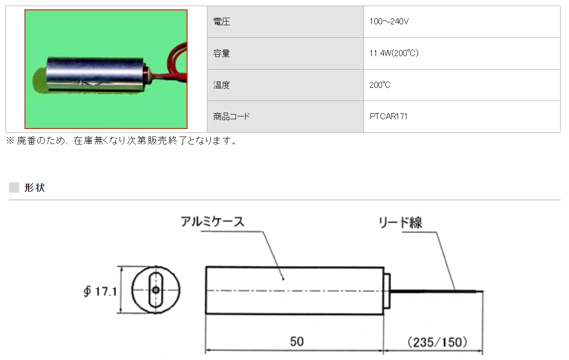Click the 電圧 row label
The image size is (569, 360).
click(x=221, y=22)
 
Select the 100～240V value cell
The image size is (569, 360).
click(x=389, y=22)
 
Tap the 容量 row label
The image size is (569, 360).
click(x=221, y=53)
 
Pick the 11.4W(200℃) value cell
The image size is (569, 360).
click(x=394, y=53)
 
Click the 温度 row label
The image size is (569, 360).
click(x=221, y=85)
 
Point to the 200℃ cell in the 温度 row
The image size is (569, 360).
click(x=379, y=85)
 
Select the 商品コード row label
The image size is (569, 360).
click(x=231, y=116)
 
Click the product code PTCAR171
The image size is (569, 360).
click(x=388, y=116)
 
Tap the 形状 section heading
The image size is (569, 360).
click(x=35, y=188)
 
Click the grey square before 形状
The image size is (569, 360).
click(x=14, y=188)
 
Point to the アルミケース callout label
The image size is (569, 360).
click(x=213, y=222)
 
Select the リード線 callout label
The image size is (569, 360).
click(x=401, y=223)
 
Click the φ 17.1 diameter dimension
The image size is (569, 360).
click(x=99, y=292)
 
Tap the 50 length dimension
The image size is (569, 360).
click(x=296, y=342)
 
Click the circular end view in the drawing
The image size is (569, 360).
click(x=156, y=290)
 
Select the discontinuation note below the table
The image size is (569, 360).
click(x=121, y=141)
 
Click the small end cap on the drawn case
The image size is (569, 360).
click(x=387, y=290)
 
